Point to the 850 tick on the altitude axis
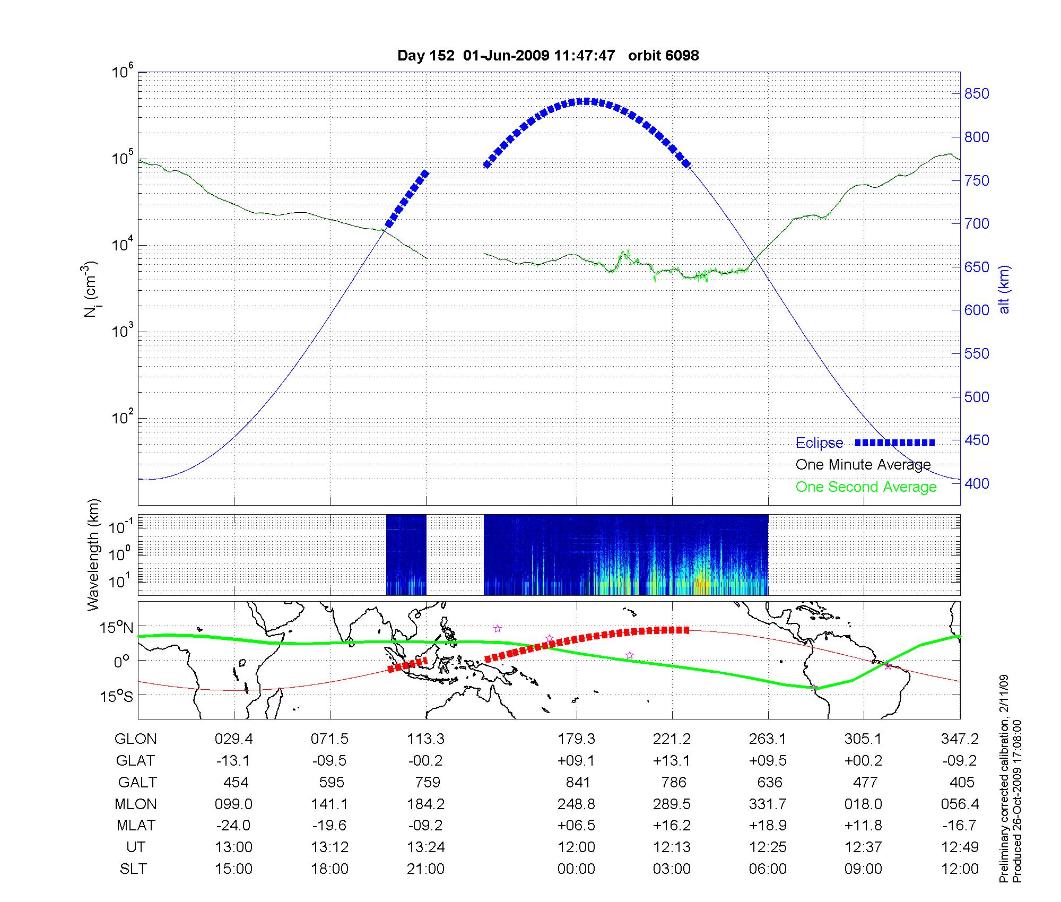977,94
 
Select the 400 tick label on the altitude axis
977,483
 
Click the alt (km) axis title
1004,289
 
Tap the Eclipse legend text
819,443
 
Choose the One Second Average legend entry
866,487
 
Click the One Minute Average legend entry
863,465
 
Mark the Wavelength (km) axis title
93,554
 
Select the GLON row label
135,739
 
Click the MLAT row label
136,826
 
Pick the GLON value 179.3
576,739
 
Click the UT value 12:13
672,847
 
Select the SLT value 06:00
768,869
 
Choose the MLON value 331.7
768,804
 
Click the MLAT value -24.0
233,826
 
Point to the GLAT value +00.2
864,760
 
